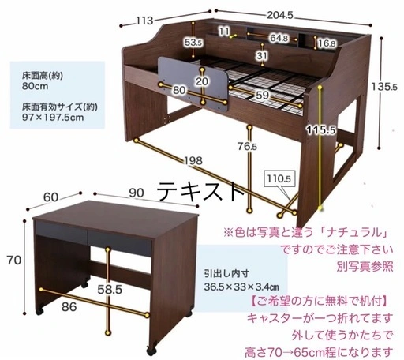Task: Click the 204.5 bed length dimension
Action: point(280,15)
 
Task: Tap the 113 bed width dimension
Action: point(144,21)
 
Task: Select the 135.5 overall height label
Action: point(384,86)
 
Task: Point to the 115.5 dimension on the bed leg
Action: point(321,129)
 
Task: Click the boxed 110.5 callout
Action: point(279,179)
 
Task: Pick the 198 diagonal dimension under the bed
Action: point(193,160)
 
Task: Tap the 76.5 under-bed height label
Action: point(247,146)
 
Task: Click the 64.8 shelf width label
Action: point(279,39)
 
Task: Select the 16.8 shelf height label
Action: point(327,43)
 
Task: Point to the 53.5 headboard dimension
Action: point(193,43)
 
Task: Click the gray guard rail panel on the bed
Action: point(193,84)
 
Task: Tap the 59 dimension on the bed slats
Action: point(262,95)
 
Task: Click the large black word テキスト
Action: point(202,191)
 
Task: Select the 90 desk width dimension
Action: point(137,193)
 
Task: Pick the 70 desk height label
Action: point(14,261)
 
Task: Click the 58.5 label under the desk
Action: point(110,290)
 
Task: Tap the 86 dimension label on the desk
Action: point(69,307)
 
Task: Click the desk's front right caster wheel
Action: point(151,351)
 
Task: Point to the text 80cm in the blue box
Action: point(35,86)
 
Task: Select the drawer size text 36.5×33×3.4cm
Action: point(241,287)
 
